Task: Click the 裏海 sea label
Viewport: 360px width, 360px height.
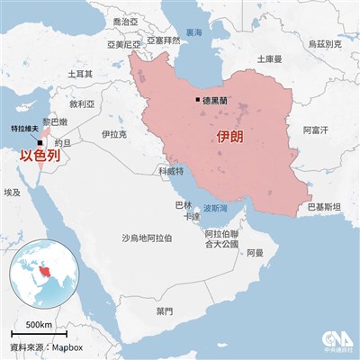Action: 194,32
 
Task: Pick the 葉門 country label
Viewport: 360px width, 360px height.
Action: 164,310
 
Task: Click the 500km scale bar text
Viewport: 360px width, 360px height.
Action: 39,324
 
